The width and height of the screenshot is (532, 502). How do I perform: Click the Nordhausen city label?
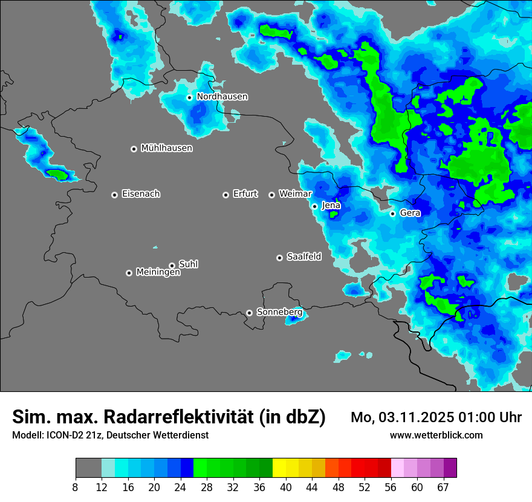click(x=222, y=97)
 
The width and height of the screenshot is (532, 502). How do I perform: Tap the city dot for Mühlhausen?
click(x=134, y=149)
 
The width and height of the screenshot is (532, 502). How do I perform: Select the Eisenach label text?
click(x=141, y=194)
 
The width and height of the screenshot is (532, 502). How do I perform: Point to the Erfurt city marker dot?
click(x=226, y=195)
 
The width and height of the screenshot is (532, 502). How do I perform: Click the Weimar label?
click(x=295, y=194)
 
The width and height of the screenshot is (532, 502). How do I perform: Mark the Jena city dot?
click(x=315, y=206)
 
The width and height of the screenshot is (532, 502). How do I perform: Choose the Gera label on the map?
click(x=410, y=213)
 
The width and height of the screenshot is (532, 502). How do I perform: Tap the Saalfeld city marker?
click(x=280, y=258)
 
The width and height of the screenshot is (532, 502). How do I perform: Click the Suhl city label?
click(x=188, y=264)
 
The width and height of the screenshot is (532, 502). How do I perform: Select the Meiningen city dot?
click(x=129, y=273)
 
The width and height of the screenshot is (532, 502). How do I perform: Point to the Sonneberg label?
click(x=279, y=312)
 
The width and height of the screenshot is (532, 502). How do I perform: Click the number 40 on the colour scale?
click(x=286, y=487)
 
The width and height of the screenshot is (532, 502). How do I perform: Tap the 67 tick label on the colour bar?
click(x=443, y=487)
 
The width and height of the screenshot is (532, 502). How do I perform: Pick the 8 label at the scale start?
click(x=76, y=487)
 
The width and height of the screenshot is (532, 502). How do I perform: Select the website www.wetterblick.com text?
click(x=436, y=435)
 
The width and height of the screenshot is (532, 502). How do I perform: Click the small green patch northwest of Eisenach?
click(x=58, y=174)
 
